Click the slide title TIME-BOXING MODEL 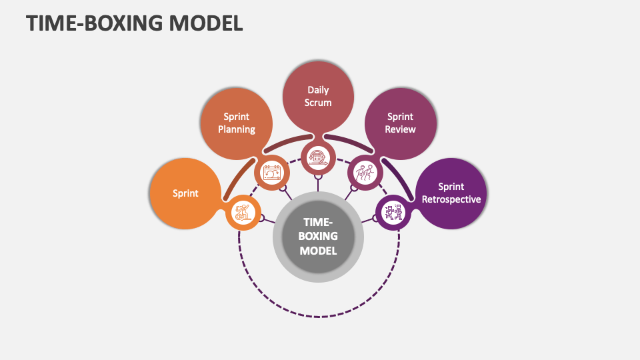135,23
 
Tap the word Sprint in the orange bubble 185,193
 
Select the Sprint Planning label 237,123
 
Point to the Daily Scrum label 319,96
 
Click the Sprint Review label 401,123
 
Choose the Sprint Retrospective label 451,193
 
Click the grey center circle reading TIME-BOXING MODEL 318,236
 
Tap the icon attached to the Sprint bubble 242,213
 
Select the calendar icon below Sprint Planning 273,173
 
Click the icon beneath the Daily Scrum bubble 319,157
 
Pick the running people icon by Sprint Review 364,173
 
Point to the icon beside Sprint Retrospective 393,213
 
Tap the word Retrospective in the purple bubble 451,199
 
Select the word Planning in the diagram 237,129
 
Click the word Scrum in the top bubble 319,103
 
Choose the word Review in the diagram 401,129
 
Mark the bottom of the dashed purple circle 319,316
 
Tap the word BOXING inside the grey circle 318,236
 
